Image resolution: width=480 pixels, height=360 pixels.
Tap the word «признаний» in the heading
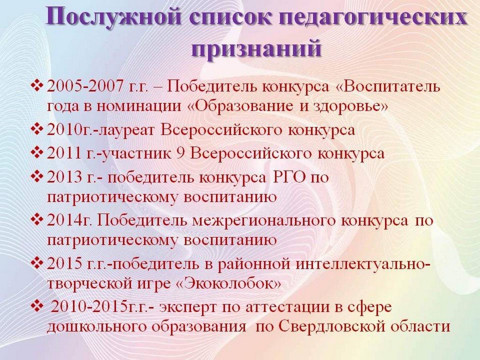(x=256, y=48)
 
